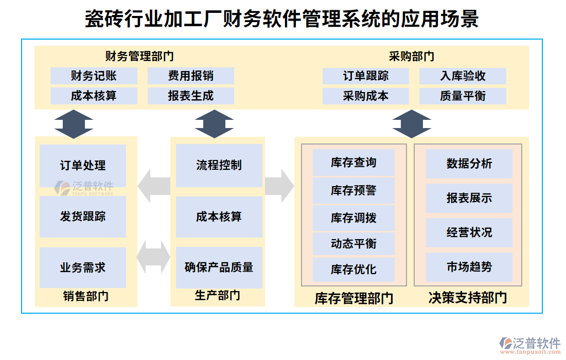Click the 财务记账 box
(x=94, y=76)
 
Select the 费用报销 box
(x=190, y=76)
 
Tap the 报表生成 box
(x=190, y=96)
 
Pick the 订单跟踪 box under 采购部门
(x=365, y=76)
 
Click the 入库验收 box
(x=463, y=76)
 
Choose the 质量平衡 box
(x=463, y=96)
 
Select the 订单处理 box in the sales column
(x=83, y=166)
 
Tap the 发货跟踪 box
(x=83, y=217)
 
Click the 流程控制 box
(x=219, y=165)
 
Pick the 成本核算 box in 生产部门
(x=219, y=217)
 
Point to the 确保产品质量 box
(x=219, y=267)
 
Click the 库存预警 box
(x=353, y=190)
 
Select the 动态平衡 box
(x=353, y=243)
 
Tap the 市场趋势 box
(x=469, y=267)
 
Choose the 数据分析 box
(x=469, y=164)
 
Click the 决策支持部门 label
(x=467, y=298)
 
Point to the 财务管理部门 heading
(x=139, y=56)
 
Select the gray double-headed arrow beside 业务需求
(x=154, y=257)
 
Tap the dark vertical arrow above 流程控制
(x=214, y=123)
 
